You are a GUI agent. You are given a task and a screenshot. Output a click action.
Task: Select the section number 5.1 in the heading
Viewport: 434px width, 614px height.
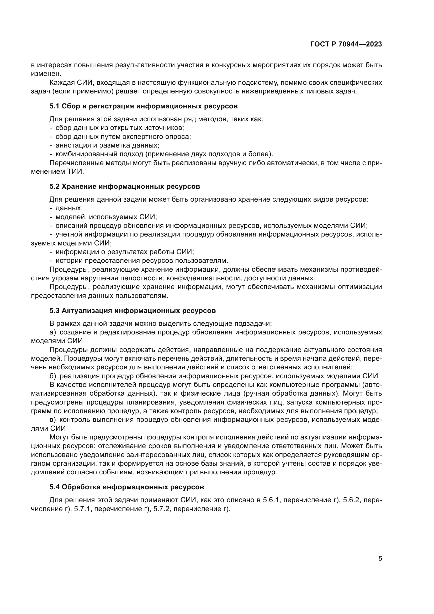click(54, 106)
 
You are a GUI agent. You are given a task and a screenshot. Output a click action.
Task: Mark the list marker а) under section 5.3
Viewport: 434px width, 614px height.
click(53, 332)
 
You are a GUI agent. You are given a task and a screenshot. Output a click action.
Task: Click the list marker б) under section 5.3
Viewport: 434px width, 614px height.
click(53, 376)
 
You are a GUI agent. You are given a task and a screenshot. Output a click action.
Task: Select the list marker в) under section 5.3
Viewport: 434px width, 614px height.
click(53, 419)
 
